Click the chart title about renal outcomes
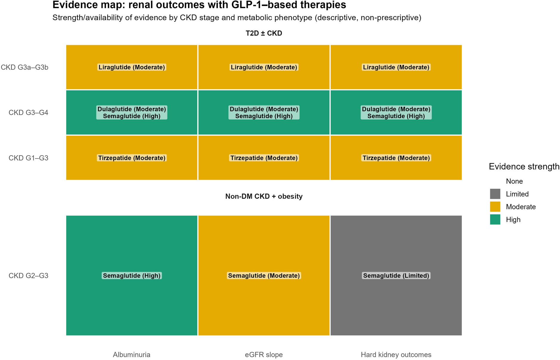pyautogui.click(x=199, y=5)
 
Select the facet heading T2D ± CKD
pyautogui.click(x=264, y=33)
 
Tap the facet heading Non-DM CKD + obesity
pyautogui.click(x=264, y=196)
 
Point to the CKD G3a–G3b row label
pyautogui.click(x=24, y=67)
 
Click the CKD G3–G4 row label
pyautogui.click(x=28, y=113)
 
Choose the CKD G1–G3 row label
pyautogui.click(x=28, y=158)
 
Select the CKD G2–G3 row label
pyautogui.click(x=28, y=276)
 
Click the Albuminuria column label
pyautogui.click(x=131, y=355)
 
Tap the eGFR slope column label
pyautogui.click(x=264, y=355)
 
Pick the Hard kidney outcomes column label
pyautogui.click(x=396, y=355)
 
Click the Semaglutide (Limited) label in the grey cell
pyautogui.click(x=396, y=276)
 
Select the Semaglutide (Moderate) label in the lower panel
pyautogui.click(x=264, y=276)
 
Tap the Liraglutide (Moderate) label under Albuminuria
pyautogui.click(x=131, y=67)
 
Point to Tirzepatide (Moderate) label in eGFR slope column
pyautogui.click(x=264, y=158)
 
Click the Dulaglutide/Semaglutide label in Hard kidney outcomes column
pyautogui.click(x=396, y=113)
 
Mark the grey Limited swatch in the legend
pyautogui.click(x=495, y=194)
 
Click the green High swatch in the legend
pyautogui.click(x=495, y=220)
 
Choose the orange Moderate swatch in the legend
pyautogui.click(x=495, y=207)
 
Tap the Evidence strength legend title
pyautogui.click(x=524, y=167)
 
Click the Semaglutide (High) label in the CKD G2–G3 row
pyautogui.click(x=131, y=276)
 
